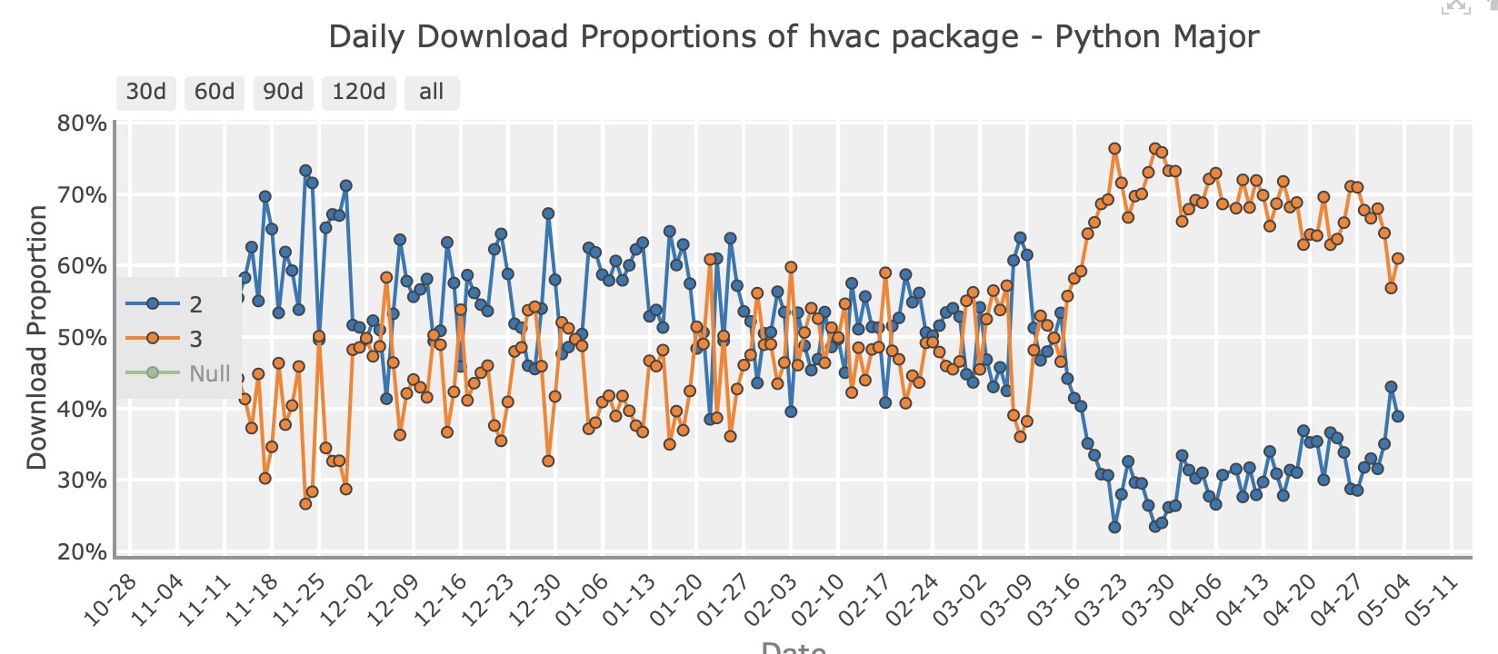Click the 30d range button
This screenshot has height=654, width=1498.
pos(145,92)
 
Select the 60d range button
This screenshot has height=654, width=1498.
pos(215,92)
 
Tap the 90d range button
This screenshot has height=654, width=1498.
pos(283,92)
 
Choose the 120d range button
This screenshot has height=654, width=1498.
pos(358,92)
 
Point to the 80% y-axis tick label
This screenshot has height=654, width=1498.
pos(82,124)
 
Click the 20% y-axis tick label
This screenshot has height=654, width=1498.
pos(82,552)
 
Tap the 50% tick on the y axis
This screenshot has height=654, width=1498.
pos(82,338)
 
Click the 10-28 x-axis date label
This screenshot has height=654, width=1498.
pos(109,601)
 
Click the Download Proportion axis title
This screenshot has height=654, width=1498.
pos(36,337)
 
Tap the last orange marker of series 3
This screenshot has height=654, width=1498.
pos(1398,259)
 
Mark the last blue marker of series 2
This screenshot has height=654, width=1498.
pos(1398,416)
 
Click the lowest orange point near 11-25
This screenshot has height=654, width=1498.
pos(305,503)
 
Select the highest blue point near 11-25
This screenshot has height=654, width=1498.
pos(305,171)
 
